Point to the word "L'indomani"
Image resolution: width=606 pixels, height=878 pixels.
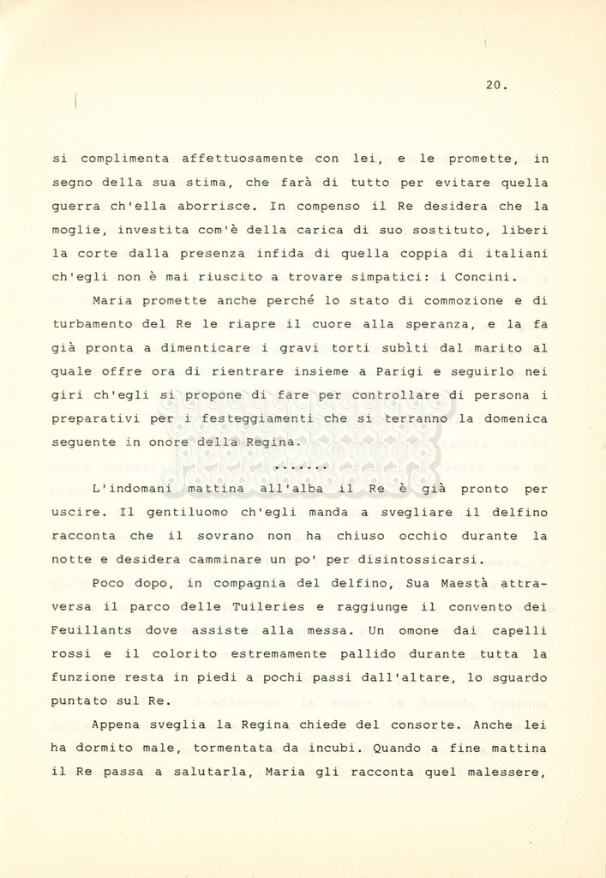(132, 489)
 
